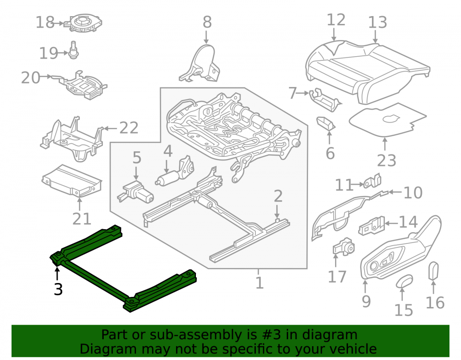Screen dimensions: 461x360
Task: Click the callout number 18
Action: (x=45, y=22)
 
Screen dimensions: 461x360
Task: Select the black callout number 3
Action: (x=58, y=289)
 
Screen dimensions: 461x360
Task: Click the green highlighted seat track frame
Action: (x=123, y=268)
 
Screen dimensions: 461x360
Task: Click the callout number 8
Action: (x=207, y=22)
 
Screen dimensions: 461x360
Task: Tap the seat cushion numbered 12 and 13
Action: (x=367, y=72)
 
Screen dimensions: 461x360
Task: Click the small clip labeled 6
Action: (x=326, y=124)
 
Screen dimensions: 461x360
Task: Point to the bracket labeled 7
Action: (x=325, y=100)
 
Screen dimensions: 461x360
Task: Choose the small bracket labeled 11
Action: (x=372, y=181)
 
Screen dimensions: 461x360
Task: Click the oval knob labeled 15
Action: (x=405, y=281)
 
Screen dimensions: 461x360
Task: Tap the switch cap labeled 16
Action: (x=434, y=271)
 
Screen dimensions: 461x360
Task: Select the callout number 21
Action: (x=82, y=218)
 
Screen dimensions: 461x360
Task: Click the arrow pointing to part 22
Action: (x=110, y=128)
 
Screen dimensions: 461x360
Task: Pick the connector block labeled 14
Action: (x=372, y=225)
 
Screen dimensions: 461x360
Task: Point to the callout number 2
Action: (x=278, y=196)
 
